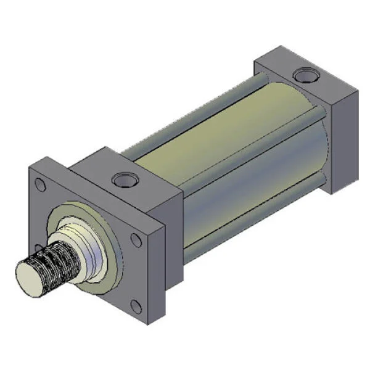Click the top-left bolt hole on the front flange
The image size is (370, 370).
tap(40, 184)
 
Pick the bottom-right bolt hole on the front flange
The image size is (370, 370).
tap(136, 307)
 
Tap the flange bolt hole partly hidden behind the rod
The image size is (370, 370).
tap(44, 247)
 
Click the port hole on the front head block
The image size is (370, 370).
tap(123, 181)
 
